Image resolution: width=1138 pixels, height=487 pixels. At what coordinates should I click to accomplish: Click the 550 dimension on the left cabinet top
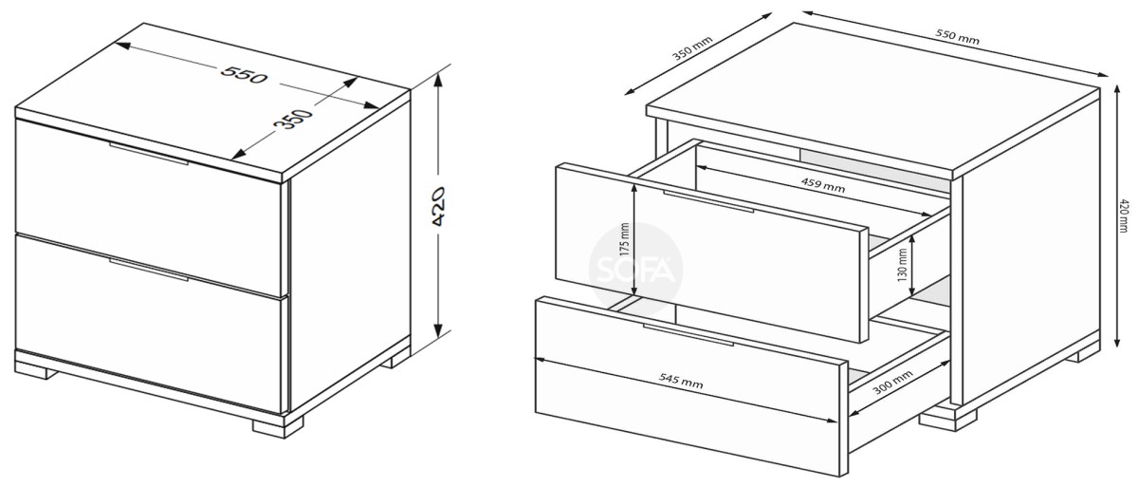(x=244, y=75)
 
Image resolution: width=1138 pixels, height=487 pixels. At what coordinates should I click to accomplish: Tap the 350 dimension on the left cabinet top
(x=293, y=119)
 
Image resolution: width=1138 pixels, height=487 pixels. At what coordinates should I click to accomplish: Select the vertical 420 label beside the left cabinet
(x=437, y=206)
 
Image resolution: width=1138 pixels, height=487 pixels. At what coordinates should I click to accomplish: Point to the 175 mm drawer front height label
(x=625, y=239)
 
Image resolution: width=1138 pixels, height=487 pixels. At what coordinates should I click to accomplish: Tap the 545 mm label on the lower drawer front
(x=681, y=380)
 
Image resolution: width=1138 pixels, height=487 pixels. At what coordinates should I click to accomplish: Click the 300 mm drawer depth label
(x=892, y=383)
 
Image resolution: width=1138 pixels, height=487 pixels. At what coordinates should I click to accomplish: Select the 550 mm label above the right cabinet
(x=957, y=36)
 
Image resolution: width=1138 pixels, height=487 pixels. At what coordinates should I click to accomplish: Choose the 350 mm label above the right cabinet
(x=692, y=47)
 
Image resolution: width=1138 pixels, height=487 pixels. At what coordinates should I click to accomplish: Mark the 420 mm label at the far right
(x=1125, y=215)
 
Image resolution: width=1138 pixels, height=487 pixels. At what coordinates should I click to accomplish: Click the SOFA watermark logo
(x=635, y=269)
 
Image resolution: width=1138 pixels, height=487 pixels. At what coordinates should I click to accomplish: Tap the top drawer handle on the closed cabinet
(x=149, y=154)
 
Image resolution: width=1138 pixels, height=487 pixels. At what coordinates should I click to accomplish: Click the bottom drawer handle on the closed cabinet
(x=149, y=269)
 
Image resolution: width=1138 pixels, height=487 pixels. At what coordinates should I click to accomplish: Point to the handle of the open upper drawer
(x=708, y=201)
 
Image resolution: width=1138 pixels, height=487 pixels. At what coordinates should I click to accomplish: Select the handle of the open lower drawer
(x=688, y=334)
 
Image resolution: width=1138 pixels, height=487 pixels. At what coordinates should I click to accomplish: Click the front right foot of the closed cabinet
(x=279, y=426)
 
